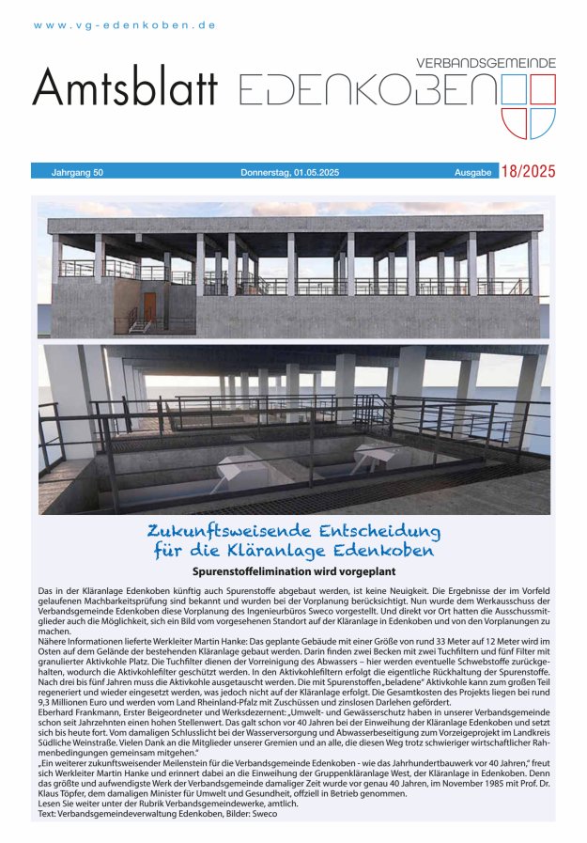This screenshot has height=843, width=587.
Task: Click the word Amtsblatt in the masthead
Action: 125,90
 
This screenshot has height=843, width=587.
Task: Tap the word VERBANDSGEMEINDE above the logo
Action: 486,62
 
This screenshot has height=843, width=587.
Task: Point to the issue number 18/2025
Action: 528,172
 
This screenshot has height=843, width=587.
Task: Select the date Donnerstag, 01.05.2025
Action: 289,173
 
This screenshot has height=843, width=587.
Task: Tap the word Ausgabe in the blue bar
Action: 472,173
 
